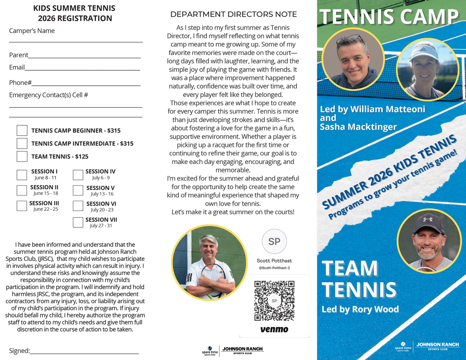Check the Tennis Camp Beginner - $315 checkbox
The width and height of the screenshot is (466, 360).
click(22, 130)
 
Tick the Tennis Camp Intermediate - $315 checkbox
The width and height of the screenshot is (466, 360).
click(22, 143)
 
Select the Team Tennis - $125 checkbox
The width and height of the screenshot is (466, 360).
click(22, 156)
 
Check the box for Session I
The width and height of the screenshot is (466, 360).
click(22, 175)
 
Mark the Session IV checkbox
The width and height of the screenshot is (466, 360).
click(78, 175)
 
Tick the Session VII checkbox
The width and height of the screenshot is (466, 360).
click(78, 223)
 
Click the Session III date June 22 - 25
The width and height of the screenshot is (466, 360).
click(46, 209)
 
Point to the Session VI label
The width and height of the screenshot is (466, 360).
click(101, 204)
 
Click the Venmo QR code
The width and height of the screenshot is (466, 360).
click(274, 300)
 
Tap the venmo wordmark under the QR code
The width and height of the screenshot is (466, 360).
click(274, 329)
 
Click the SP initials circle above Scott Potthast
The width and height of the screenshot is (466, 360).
click(274, 241)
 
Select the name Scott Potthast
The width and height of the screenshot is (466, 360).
click(274, 261)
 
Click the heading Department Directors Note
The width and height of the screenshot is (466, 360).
click(233, 14)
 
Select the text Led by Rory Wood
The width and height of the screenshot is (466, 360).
click(360, 309)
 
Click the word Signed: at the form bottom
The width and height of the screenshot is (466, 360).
click(20, 351)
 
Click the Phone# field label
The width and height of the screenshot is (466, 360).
click(21, 82)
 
